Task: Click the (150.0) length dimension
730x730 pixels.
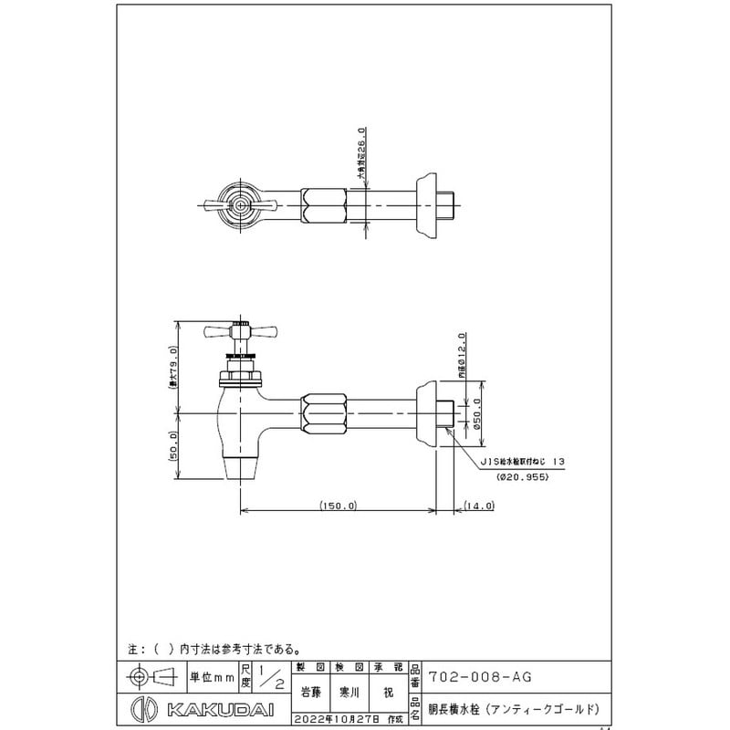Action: pos(338,505)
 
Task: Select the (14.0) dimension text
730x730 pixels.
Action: pos(478,505)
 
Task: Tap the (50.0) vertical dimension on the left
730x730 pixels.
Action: pos(174,448)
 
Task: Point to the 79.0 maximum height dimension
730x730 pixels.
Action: pos(174,368)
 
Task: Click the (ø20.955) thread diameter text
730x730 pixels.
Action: pos(522,477)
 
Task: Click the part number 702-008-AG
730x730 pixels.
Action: pos(480,676)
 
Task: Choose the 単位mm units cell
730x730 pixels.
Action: pos(212,677)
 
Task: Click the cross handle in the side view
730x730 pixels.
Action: pos(238,330)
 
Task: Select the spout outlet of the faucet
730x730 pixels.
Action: pos(241,468)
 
